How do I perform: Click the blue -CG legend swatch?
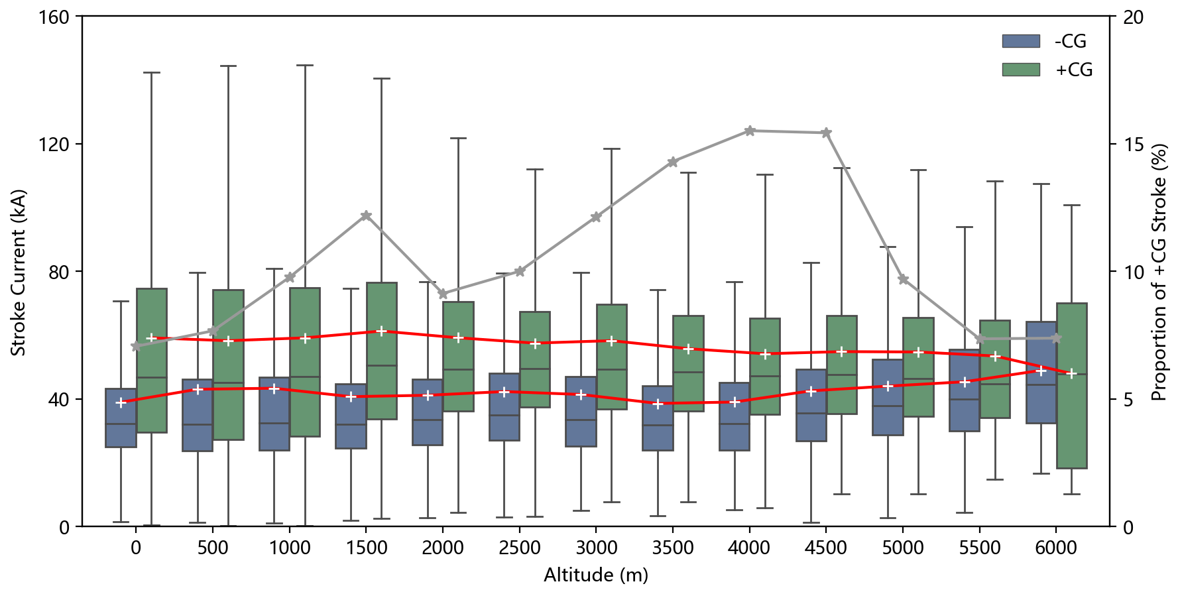1020,41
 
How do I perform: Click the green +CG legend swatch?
1020,70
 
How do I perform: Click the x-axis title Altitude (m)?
595,575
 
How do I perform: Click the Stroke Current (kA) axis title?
19,272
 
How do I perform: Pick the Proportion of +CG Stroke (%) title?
1159,272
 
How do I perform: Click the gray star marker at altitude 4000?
749,131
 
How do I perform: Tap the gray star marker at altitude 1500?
366,215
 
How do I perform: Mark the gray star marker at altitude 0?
136,346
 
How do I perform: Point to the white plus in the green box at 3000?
611,341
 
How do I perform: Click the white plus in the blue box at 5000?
888,386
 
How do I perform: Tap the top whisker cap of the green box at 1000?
305,66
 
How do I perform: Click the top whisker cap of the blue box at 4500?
811,263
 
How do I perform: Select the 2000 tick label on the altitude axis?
442,548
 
